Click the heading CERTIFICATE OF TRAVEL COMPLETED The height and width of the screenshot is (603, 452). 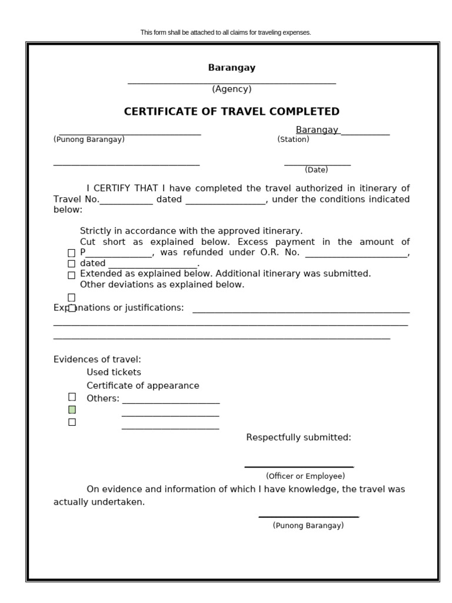[x=231, y=111]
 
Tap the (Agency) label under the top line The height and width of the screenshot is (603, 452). [x=231, y=90]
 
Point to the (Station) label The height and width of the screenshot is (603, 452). [x=293, y=140]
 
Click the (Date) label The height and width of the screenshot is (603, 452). [x=316, y=170]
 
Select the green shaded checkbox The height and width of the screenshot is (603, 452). [x=72, y=409]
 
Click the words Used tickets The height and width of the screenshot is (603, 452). [x=114, y=372]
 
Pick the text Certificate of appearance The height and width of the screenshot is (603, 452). [x=143, y=386]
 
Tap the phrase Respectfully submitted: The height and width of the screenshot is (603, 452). [x=298, y=438]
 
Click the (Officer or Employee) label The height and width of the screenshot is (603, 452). [x=305, y=476]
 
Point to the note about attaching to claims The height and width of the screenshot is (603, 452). [x=225, y=32]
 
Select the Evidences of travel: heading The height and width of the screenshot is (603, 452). [x=97, y=359]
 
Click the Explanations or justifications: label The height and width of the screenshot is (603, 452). [x=118, y=308]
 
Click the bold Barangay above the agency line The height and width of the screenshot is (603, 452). [x=231, y=68]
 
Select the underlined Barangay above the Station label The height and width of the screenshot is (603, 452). [x=317, y=130]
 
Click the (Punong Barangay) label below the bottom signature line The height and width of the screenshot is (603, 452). [x=308, y=526]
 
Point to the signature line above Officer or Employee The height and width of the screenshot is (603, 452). [x=299, y=466]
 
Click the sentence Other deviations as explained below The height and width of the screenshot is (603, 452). [x=162, y=284]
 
